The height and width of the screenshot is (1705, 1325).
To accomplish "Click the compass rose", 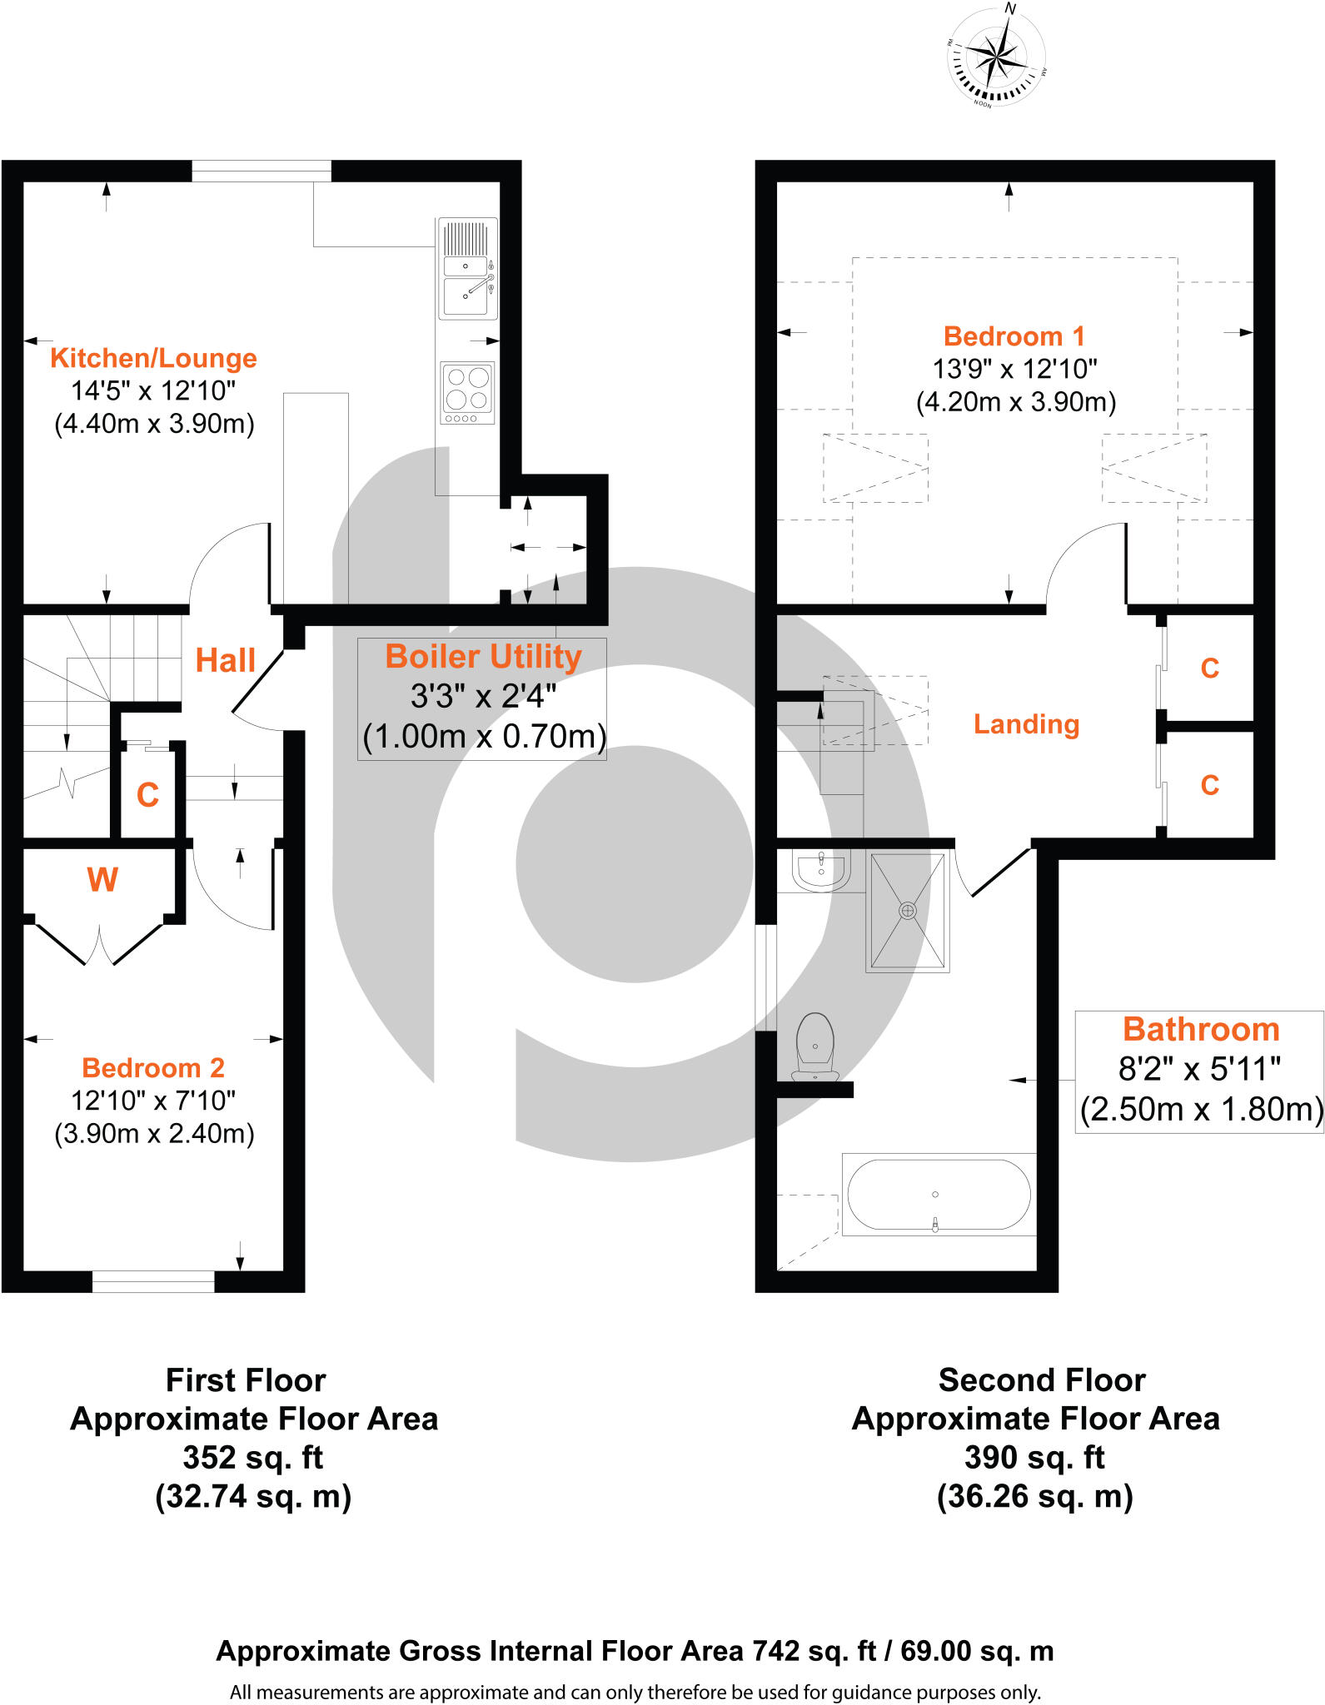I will (996, 57).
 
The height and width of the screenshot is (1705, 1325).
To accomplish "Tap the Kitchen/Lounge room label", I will (153, 358).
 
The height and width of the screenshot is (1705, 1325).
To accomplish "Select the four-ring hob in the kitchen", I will (467, 393).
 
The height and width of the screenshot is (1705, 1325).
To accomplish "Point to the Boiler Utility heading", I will (483, 657).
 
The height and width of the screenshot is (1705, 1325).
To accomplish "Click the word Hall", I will (225, 661).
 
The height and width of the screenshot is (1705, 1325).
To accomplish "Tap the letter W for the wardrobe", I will (102, 880).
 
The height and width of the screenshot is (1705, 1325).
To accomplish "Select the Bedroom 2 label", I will (153, 1067).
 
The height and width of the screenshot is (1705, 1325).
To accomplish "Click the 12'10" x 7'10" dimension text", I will (153, 1101).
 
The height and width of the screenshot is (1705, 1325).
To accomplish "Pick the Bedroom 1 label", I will (1014, 336).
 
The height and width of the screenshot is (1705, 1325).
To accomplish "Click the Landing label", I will (1026, 724).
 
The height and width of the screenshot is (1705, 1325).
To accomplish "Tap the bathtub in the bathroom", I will (939, 1194).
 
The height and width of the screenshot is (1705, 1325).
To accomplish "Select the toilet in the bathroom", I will (815, 1046).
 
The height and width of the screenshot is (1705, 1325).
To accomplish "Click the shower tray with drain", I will (908, 911).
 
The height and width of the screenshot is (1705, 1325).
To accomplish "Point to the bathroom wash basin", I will (821, 870).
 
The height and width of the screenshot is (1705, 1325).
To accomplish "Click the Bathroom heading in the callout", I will (1200, 1030).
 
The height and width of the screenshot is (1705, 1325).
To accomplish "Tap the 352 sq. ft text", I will (252, 1458).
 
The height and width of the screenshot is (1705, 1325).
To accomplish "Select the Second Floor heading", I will (1041, 1380).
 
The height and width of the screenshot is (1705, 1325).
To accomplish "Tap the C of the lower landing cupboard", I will (1209, 785).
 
